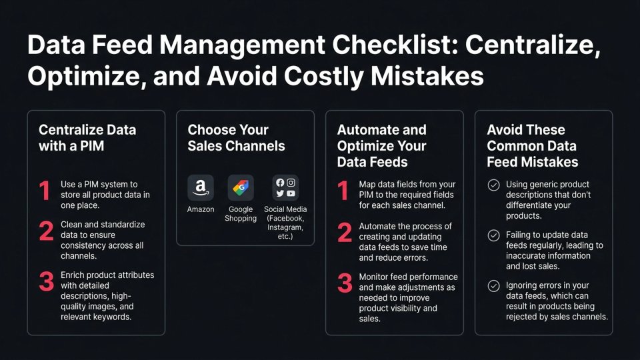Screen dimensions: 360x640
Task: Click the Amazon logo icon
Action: (201, 188)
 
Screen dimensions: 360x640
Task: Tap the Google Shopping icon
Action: (241, 188)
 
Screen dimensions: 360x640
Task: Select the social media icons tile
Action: (285, 188)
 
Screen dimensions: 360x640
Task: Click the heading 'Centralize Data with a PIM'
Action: (87, 137)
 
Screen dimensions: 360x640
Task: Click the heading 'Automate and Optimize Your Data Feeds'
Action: (382, 145)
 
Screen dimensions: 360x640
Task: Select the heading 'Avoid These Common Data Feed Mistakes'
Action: (533, 145)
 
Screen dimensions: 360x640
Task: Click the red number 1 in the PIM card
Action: (45, 191)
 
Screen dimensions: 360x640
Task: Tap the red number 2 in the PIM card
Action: (46, 231)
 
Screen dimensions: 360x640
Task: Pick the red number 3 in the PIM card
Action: (46, 281)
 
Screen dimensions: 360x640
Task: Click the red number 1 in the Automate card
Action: (343, 191)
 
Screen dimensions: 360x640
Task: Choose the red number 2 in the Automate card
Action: (345, 231)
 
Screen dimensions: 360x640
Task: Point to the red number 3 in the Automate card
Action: (345, 282)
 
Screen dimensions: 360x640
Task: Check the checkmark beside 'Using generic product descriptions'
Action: (493, 185)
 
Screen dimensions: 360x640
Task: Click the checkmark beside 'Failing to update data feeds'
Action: (493, 235)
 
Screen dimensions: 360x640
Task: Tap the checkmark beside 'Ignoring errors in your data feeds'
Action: (493, 286)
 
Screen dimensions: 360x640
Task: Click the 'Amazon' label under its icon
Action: (201, 209)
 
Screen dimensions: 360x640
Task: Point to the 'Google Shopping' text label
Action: (241, 214)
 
